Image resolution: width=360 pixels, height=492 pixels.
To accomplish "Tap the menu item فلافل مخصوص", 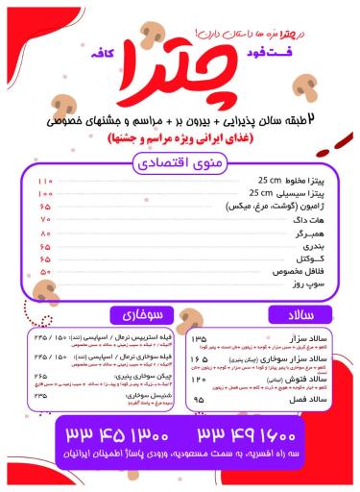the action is pyautogui.click(x=296, y=272).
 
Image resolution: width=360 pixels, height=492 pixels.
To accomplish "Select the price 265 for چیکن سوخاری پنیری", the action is pyautogui.click(x=41, y=376).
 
